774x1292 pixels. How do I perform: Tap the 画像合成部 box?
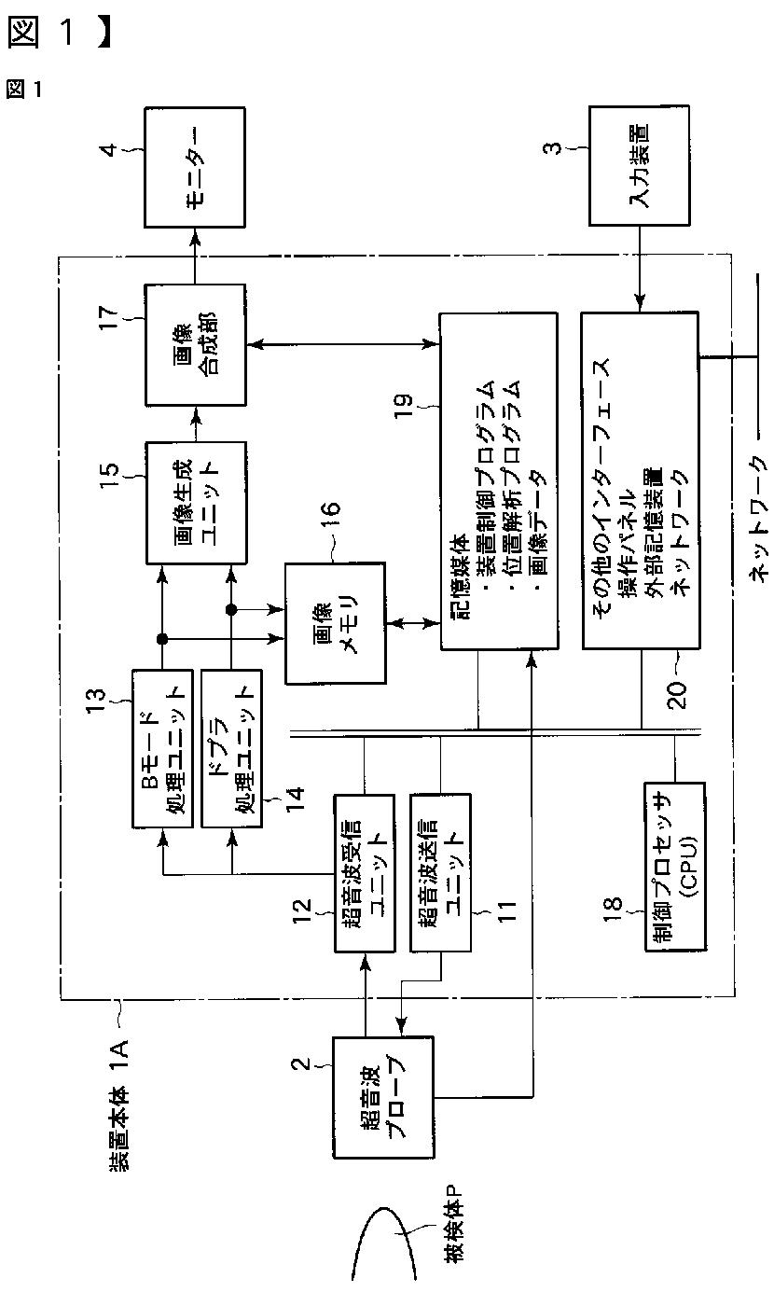(195, 345)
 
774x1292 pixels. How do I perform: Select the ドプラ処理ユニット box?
(230, 745)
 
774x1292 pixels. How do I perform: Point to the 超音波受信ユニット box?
(364, 872)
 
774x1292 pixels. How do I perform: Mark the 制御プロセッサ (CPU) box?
(674, 867)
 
